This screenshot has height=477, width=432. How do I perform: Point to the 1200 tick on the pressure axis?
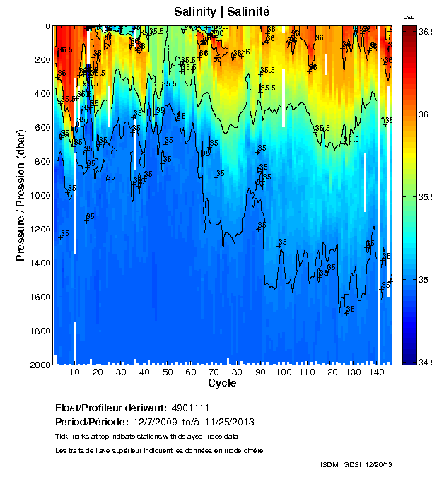click(41, 230)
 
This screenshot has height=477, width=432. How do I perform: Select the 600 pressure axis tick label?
click(43, 128)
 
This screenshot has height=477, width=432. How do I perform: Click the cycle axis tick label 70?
click(214, 372)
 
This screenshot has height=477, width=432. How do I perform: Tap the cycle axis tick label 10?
click(75, 372)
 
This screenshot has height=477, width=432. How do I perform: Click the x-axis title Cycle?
click(222, 383)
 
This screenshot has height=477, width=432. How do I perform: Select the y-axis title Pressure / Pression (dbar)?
click(21, 195)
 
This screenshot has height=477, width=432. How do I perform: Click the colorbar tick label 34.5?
click(424, 363)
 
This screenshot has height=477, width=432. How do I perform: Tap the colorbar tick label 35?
click(423, 280)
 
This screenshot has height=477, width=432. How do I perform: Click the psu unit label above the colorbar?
click(409, 16)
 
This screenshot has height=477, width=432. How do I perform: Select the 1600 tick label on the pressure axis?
click(41, 298)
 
